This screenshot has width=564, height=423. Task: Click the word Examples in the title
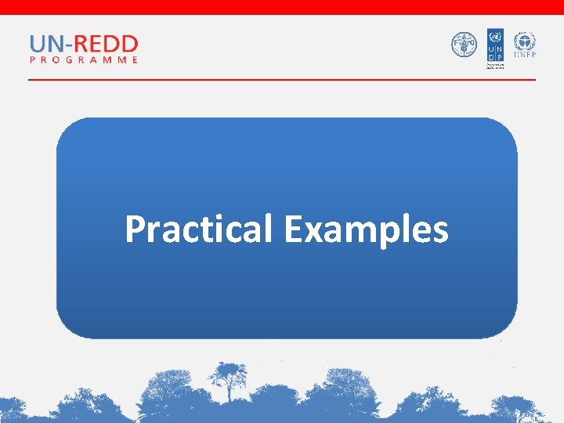click(x=366, y=230)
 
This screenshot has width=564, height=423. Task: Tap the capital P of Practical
click(x=134, y=230)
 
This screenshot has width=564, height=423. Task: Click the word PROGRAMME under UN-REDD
click(x=84, y=60)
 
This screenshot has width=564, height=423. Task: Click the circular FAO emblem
click(x=464, y=45)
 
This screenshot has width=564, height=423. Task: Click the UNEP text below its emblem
click(x=524, y=56)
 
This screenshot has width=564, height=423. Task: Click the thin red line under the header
click(x=282, y=79)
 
